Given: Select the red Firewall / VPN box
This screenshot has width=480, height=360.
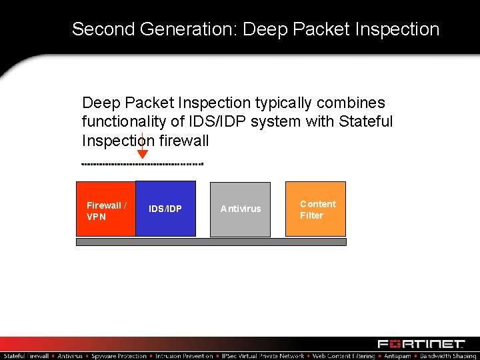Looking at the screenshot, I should point(105,209).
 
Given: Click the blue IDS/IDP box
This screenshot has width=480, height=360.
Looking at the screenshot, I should point(165,209).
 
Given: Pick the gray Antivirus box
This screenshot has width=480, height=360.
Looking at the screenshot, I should point(241,209).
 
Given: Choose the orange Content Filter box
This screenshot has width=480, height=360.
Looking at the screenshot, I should point(316,209).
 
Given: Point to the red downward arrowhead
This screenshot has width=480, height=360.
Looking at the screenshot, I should point(142,154).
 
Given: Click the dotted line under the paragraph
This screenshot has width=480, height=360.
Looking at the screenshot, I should point(141,163).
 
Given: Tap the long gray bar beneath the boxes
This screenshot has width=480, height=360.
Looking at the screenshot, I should point(211,242).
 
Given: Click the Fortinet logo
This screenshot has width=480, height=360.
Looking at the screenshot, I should point(421,344).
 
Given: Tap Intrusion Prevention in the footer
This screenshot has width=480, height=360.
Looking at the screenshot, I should point(184,356).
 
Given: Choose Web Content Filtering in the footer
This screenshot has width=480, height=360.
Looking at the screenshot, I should point(344,356).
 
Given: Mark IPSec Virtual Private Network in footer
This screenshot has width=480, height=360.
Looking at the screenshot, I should point(263,356).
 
